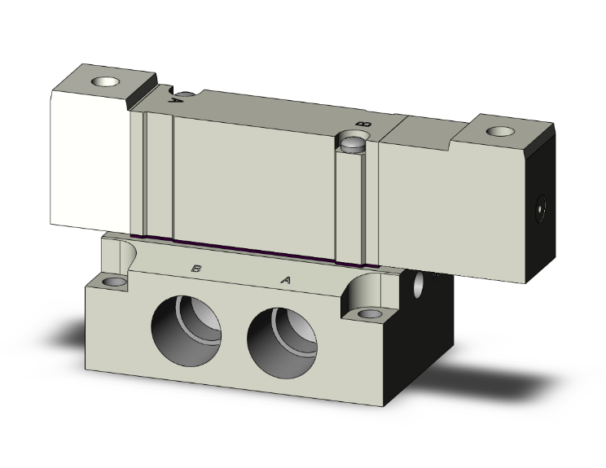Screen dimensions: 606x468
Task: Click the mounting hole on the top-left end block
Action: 105,81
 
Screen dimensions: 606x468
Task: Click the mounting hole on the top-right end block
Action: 500,131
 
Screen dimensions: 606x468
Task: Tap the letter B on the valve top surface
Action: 363,124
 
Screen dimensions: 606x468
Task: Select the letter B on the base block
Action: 196,268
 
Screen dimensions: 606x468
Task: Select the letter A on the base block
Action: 285,279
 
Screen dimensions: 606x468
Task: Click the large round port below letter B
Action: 186,331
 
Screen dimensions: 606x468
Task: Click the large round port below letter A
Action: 282,343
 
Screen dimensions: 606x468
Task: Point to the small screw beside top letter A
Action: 186,94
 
